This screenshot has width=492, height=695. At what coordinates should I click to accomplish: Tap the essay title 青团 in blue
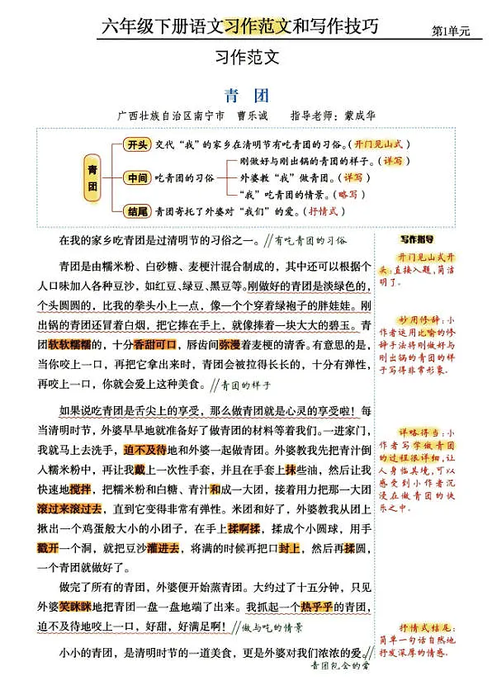246,95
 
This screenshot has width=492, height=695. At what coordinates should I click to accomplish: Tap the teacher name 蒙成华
358,116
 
